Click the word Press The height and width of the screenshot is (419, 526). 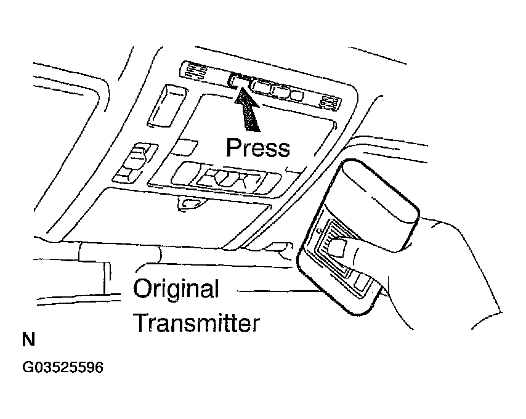pyautogui.click(x=257, y=148)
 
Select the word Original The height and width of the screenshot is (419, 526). pyautogui.click(x=176, y=288)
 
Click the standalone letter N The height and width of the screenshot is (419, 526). pyautogui.click(x=28, y=340)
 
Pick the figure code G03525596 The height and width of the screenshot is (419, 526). pyautogui.click(x=63, y=367)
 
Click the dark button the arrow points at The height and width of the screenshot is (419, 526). pyautogui.click(x=240, y=81)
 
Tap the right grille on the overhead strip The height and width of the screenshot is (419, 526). pyautogui.click(x=329, y=102)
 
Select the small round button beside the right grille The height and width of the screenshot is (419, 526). pyautogui.click(x=297, y=95)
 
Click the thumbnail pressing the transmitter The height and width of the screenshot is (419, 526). pyautogui.click(x=336, y=248)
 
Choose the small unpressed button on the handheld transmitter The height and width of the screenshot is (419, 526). pyautogui.click(x=362, y=282)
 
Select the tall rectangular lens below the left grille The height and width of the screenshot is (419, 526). pyautogui.click(x=166, y=105)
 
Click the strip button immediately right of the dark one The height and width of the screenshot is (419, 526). pyautogui.click(x=261, y=86)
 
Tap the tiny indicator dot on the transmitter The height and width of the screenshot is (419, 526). pyautogui.click(x=320, y=231)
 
